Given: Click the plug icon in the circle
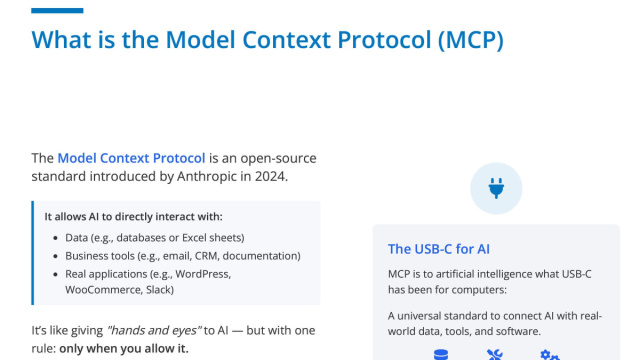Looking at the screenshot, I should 495,187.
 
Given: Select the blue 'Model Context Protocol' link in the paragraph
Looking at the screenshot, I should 131,158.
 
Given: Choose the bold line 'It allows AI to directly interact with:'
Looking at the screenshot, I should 133,216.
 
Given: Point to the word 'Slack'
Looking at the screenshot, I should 158,289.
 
